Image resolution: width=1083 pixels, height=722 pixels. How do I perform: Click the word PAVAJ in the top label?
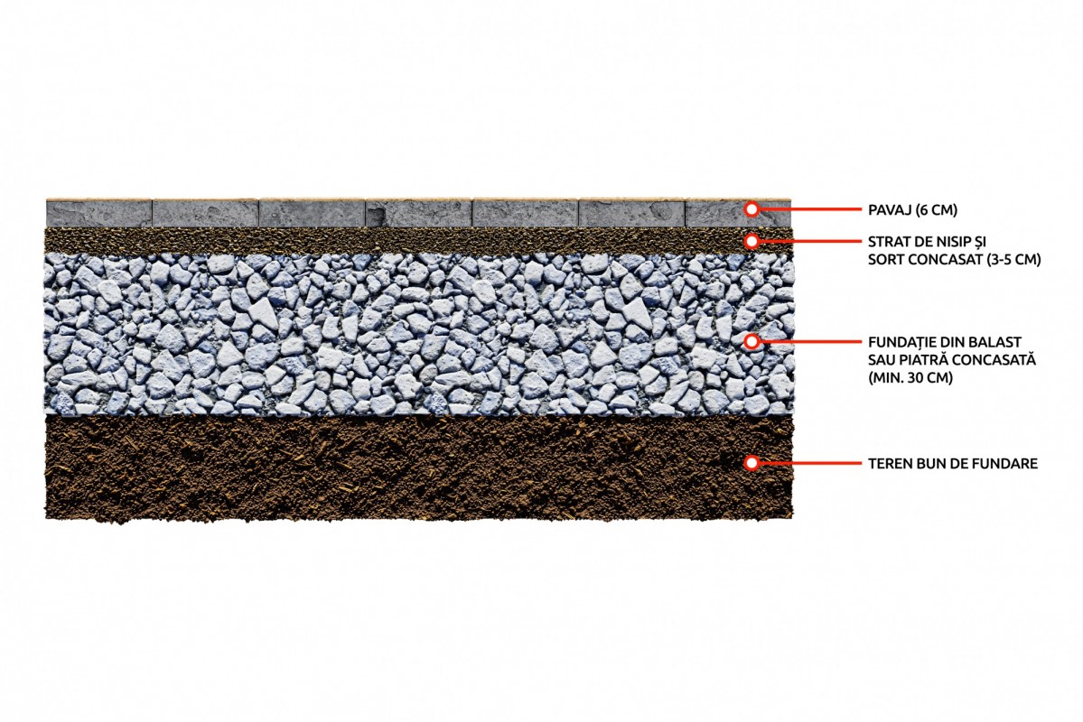[890, 210]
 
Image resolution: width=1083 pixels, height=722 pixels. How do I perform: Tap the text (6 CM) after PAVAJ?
[937, 210]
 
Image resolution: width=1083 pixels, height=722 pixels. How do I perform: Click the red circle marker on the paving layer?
[752, 208]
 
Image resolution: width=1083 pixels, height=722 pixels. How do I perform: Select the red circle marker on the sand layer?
[752, 241]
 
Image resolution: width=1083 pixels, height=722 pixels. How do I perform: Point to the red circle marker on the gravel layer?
[752, 341]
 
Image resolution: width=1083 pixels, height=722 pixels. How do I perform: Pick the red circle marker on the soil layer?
[752, 462]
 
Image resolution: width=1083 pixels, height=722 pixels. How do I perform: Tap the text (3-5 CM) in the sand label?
[1012, 260]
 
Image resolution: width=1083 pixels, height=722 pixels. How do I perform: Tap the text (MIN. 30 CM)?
[910, 377]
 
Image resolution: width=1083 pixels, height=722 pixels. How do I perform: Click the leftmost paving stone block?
[98, 213]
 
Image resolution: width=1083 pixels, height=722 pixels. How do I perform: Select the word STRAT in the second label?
[886, 242]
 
